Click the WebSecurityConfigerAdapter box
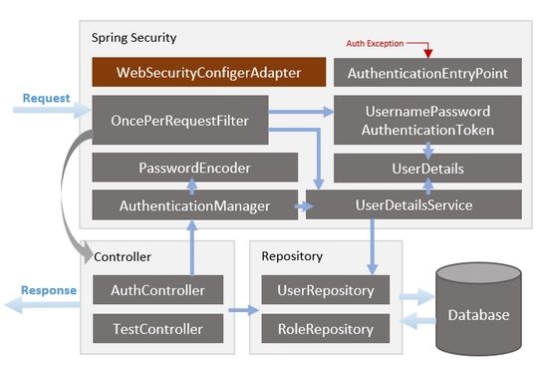coord(209,73)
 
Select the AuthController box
coord(156,291)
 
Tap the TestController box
coord(156,328)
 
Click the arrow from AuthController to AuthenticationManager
coord(190,247)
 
